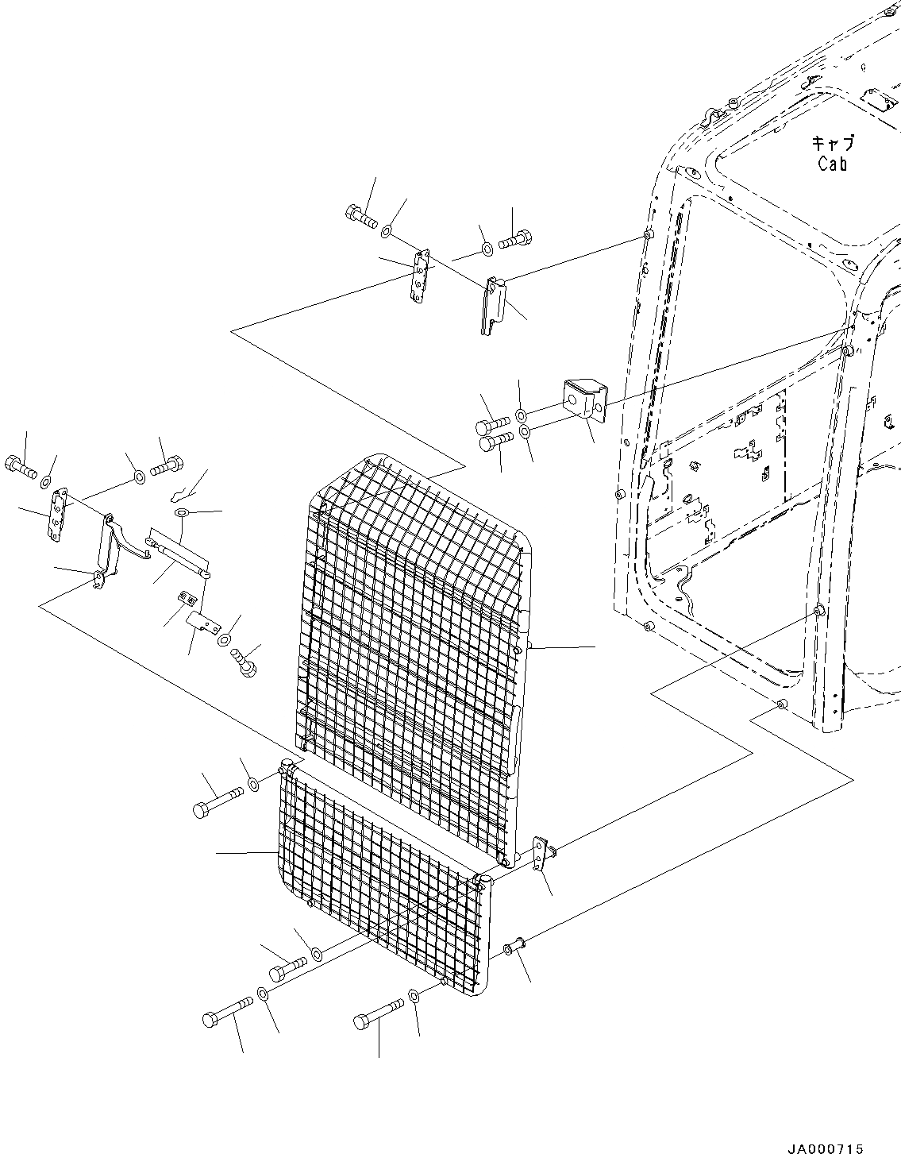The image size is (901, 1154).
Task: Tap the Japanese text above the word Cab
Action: pos(833,144)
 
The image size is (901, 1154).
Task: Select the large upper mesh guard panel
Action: pos(413,604)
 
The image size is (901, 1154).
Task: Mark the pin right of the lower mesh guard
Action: pos(515,947)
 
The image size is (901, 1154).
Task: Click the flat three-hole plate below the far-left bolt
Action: pos(56,516)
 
